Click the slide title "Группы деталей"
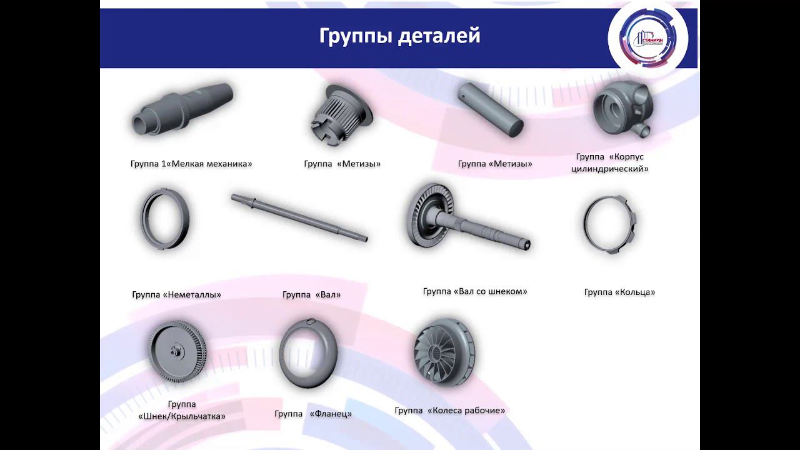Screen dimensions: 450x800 (x=399, y=36)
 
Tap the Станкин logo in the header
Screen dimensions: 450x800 (x=648, y=38)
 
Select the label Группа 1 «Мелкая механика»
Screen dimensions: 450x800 (x=191, y=164)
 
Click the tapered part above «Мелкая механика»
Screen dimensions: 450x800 (x=182, y=109)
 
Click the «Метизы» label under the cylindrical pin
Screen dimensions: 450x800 (x=495, y=164)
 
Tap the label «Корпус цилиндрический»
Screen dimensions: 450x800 (x=609, y=162)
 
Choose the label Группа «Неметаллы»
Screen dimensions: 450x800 (x=176, y=294)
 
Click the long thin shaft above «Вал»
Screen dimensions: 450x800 (x=299, y=217)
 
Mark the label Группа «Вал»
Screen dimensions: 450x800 (x=311, y=294)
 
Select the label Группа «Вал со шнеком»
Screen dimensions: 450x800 (x=475, y=291)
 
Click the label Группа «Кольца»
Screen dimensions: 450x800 (x=619, y=292)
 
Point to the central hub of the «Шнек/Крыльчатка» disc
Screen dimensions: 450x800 (x=176, y=351)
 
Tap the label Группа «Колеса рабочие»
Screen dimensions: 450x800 (x=449, y=411)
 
